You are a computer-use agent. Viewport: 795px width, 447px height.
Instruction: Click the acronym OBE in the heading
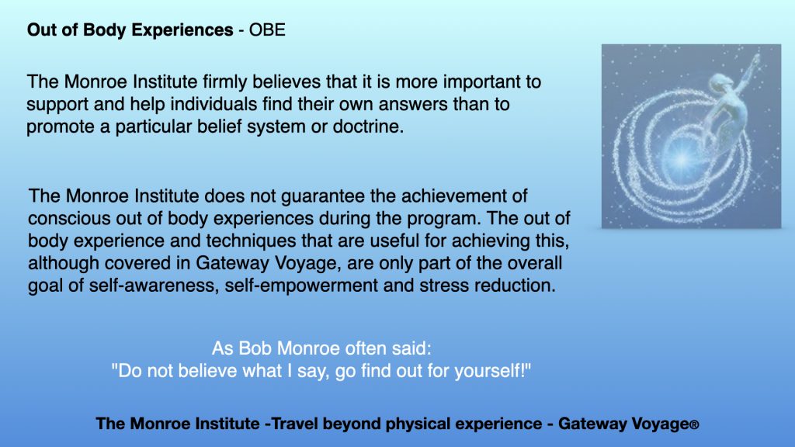pyautogui.click(x=267, y=30)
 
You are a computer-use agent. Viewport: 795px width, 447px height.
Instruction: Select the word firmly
pyautogui.click(x=225, y=81)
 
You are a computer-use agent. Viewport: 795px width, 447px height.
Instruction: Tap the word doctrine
pyautogui.click(x=368, y=126)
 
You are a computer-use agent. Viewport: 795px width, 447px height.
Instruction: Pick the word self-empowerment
pyautogui.click(x=301, y=286)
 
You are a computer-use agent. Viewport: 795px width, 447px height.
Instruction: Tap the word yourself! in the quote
pyautogui.click(x=493, y=370)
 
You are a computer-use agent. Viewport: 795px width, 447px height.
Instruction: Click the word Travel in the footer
pyautogui.click(x=295, y=424)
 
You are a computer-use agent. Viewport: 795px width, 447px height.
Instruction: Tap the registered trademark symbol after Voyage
pyautogui.click(x=694, y=425)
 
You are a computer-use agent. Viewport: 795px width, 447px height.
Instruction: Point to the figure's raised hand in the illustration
pyautogui.click(x=756, y=59)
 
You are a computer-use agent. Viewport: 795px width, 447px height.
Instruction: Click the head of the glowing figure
pyautogui.click(x=720, y=81)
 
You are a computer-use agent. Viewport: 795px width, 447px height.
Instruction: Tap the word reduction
pyautogui.click(x=516, y=286)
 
